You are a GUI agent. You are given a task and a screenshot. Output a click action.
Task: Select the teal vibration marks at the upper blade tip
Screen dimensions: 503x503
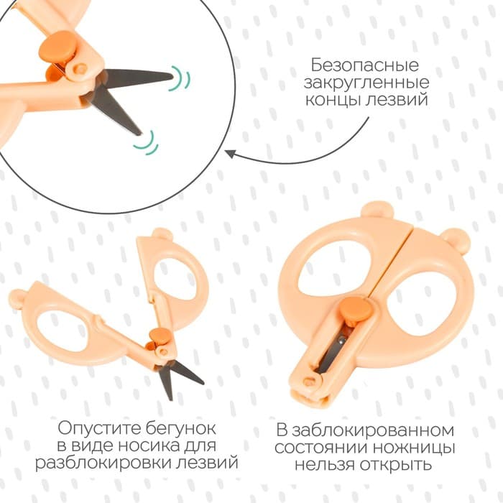pyautogui.click(x=183, y=77)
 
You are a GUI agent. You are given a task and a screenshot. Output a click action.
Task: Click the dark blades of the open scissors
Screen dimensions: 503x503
pyautogui.click(x=175, y=375)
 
